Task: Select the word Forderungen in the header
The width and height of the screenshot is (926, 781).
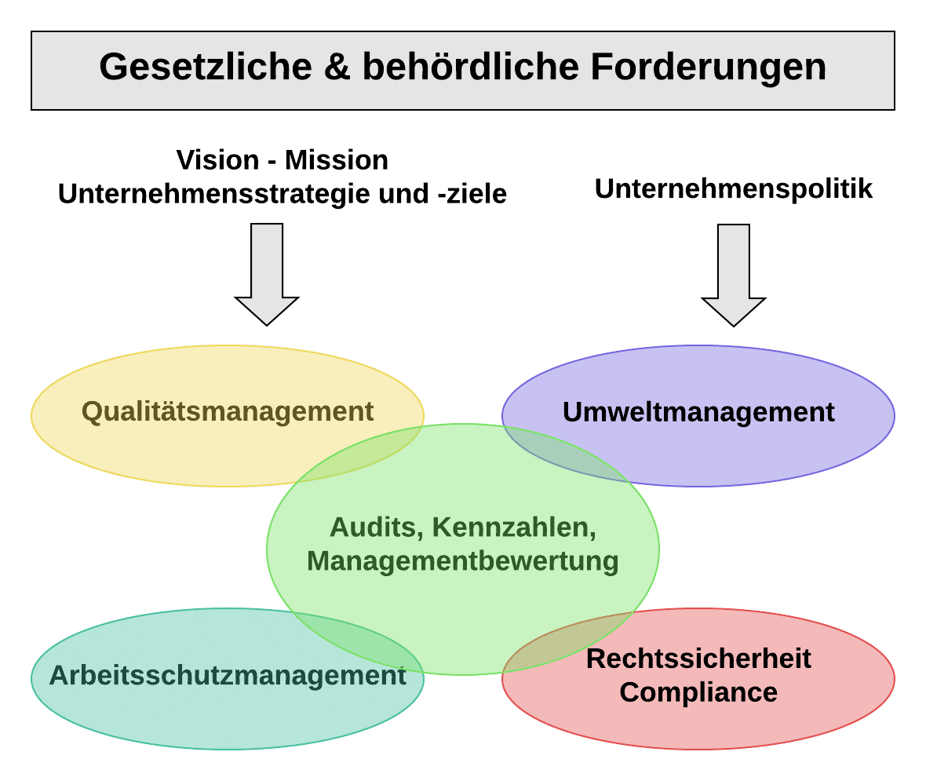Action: click(708, 68)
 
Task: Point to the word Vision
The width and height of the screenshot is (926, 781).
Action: click(217, 160)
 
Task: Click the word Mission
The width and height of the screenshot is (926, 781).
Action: click(336, 160)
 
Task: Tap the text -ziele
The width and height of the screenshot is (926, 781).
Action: click(471, 194)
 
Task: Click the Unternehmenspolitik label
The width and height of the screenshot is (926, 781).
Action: click(734, 189)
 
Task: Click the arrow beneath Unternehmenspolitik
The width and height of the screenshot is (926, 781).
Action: click(734, 275)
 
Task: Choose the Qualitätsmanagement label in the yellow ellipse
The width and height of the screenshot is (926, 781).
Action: click(228, 411)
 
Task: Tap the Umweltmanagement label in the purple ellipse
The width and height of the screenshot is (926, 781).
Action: click(698, 412)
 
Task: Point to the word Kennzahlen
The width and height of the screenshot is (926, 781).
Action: click(514, 527)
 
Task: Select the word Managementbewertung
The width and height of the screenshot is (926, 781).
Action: click(463, 561)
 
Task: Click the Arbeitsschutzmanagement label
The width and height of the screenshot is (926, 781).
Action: click(228, 675)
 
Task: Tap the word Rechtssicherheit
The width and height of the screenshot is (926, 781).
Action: click(698, 658)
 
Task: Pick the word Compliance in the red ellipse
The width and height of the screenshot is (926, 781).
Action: click(698, 692)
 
